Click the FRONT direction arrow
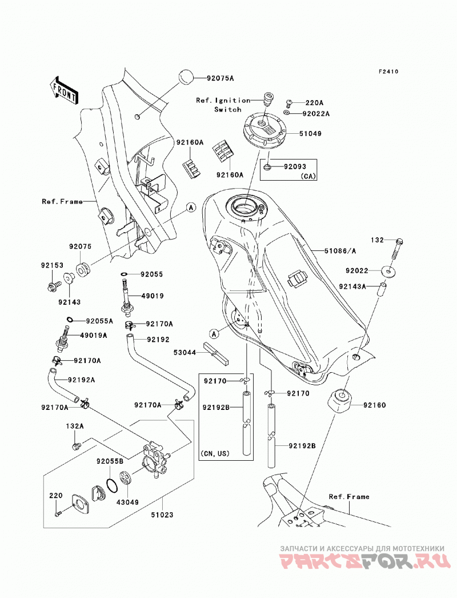tap(64, 90)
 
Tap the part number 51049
tap(310, 133)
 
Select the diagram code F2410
tap(388, 71)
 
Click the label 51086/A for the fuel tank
tap(340, 251)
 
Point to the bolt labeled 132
tap(396, 252)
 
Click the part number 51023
tap(162, 515)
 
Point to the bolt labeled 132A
tap(76, 445)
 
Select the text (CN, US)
tap(215, 453)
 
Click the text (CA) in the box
tap(308, 176)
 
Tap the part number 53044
tap(185, 353)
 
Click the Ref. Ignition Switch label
tap(223, 105)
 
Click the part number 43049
tap(128, 503)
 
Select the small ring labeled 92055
tap(125, 274)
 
